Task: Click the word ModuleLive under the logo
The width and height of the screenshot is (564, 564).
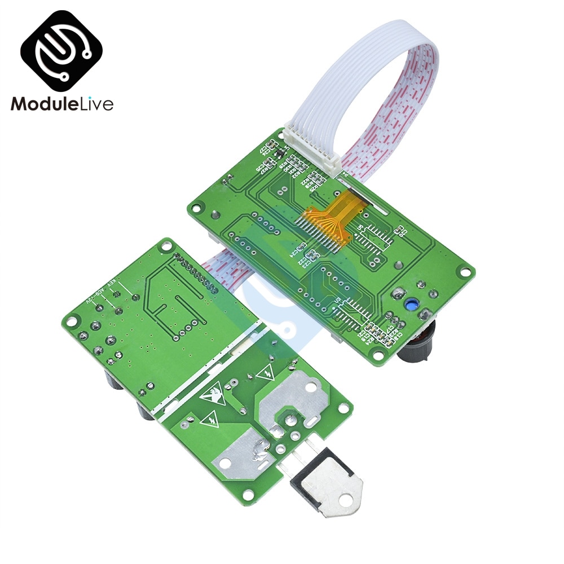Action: [62, 104]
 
